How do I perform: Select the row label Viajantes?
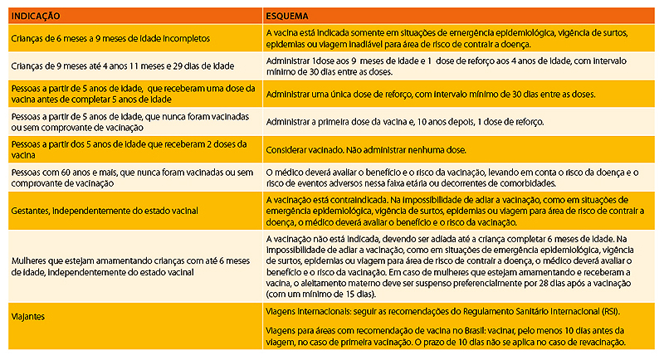coord(29,316)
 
